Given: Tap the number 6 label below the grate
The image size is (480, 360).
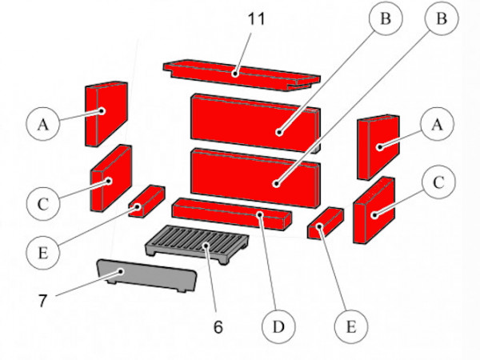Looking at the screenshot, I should click(217, 327).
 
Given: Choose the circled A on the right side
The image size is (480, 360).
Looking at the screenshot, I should click(437, 124).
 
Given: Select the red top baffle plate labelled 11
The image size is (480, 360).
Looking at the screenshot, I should click(240, 74).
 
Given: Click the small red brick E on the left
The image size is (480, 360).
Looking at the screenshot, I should click(146, 201).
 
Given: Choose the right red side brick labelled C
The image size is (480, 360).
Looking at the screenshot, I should click(373, 210).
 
